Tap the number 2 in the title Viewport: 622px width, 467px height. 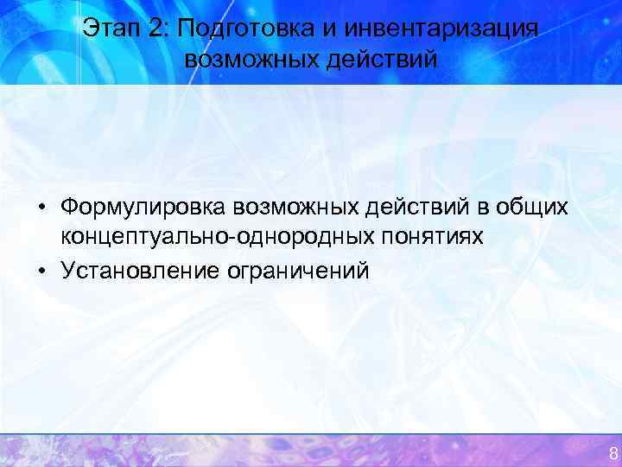155,29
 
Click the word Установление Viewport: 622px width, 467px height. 139,271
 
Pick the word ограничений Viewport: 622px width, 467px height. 297,271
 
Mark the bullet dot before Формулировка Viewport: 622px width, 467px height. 41,208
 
